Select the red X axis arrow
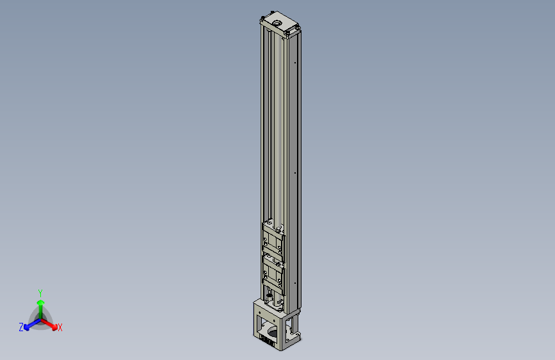(x=51, y=323)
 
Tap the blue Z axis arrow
(x=29, y=325)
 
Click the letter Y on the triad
(x=40, y=292)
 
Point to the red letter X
(x=60, y=328)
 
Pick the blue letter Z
(x=21, y=327)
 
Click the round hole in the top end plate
(x=277, y=24)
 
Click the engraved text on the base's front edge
(x=267, y=340)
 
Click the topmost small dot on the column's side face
(x=294, y=63)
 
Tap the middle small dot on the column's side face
(x=294, y=172)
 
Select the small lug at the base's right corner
(x=297, y=335)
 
